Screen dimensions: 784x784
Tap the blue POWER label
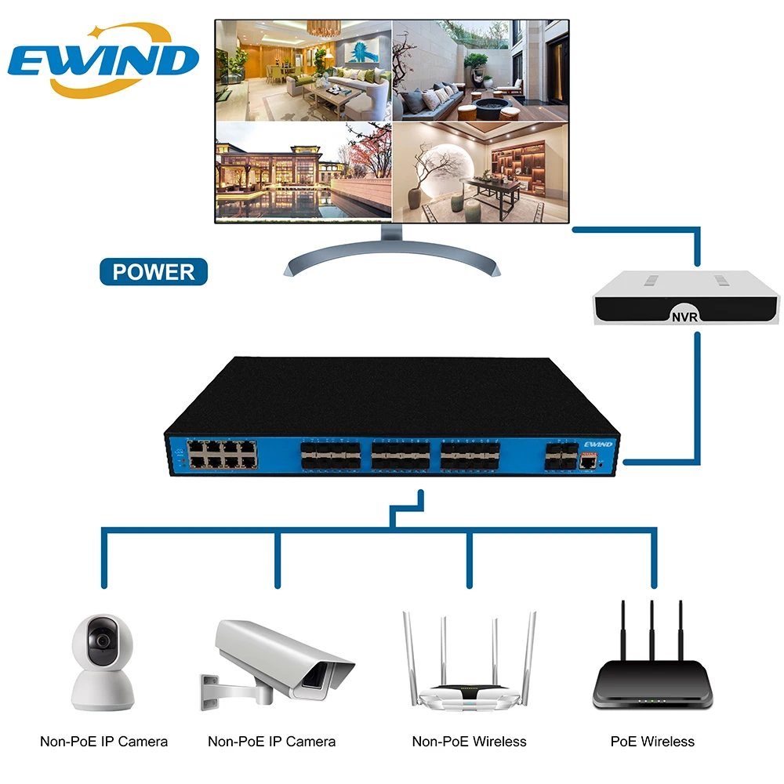click(x=154, y=271)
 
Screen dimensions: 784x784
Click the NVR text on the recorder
click(x=684, y=316)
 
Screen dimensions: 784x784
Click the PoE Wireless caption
click(x=652, y=741)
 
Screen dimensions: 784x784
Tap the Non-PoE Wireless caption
click(x=470, y=741)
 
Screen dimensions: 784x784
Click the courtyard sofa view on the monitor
click(x=480, y=71)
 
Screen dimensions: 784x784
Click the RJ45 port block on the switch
click(x=222, y=454)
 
